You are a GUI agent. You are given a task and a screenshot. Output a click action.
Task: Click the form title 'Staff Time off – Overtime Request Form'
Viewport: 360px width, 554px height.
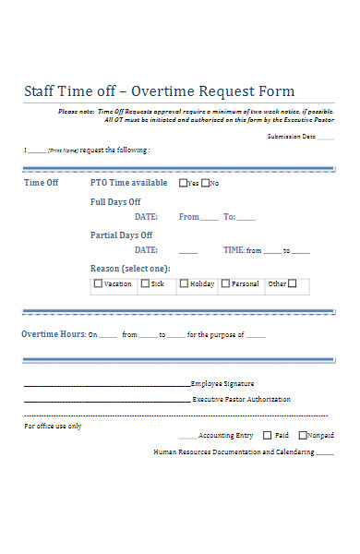pyautogui.click(x=159, y=91)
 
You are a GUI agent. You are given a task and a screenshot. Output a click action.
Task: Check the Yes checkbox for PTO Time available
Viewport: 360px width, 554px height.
pyautogui.click(x=183, y=183)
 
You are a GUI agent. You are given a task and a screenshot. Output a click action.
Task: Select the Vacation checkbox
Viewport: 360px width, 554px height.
pyautogui.click(x=98, y=283)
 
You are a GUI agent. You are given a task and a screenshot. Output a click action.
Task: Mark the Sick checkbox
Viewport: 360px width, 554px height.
pyautogui.click(x=145, y=283)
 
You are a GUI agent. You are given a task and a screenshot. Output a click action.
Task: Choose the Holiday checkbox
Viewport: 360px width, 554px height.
pyautogui.click(x=184, y=283)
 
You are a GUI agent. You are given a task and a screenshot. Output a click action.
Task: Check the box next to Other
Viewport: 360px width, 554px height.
pyautogui.click(x=292, y=283)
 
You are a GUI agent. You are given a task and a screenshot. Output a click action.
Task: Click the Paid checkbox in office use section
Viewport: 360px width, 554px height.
pyautogui.click(x=268, y=435)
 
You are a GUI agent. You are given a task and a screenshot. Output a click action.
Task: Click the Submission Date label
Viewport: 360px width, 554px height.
pyautogui.click(x=291, y=136)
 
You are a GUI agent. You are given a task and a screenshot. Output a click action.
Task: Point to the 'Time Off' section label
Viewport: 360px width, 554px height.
pyautogui.click(x=41, y=183)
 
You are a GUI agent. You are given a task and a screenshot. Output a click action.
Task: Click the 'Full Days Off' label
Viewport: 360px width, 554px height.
pyautogui.click(x=115, y=200)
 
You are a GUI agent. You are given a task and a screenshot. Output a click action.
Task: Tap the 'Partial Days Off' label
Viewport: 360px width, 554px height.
pyautogui.click(x=121, y=235)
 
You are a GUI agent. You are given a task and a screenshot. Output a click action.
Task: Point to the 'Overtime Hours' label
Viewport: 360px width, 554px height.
pyautogui.click(x=53, y=333)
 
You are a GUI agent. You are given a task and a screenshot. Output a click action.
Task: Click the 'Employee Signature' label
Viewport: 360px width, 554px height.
pyautogui.click(x=222, y=383)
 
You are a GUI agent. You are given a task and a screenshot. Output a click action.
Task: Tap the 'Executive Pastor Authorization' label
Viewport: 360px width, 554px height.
pyautogui.click(x=241, y=400)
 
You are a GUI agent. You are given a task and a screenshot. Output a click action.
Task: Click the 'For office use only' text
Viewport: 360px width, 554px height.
pyautogui.click(x=53, y=426)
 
